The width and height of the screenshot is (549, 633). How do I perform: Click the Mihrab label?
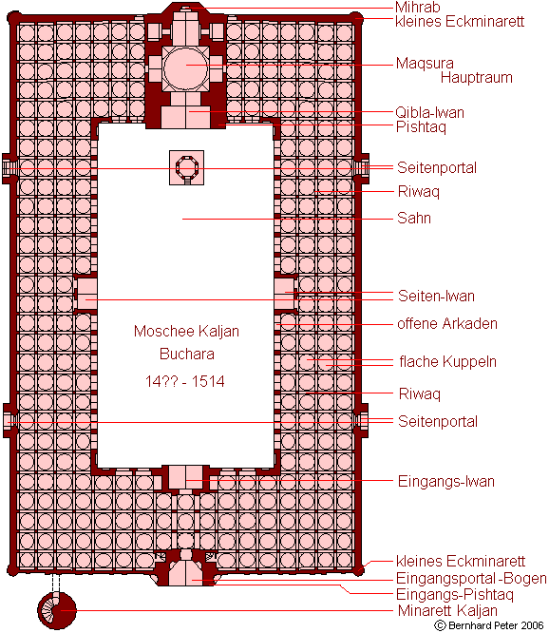pos(418,8)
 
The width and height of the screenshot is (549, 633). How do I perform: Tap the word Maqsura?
pos(425,64)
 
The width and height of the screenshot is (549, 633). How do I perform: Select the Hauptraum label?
pos(477,77)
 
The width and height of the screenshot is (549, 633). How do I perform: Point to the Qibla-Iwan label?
pos(429,112)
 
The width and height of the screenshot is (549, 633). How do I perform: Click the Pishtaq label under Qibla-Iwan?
pos(421,126)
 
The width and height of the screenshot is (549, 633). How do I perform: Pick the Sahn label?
pos(414,218)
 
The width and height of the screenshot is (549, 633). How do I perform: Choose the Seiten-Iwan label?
pos(436,296)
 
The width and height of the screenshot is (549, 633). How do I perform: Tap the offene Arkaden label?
pos(447,323)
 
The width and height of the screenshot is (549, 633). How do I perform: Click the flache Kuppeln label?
pos(447,361)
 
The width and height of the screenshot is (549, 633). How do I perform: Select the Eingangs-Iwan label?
pos(445,481)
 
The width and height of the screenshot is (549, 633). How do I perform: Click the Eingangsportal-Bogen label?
pos(471,578)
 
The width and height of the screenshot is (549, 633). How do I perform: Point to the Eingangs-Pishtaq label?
pos(455,594)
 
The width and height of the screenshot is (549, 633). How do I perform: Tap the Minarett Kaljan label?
pos(447,610)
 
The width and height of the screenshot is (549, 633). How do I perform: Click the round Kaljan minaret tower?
pos(57,610)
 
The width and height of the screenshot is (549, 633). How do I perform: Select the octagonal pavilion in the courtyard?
pos(186,167)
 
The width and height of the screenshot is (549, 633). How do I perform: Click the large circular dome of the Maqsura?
pos(186,67)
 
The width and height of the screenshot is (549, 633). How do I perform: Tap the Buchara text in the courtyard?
pos(187,355)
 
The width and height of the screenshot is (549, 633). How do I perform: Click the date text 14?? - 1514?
pos(184,381)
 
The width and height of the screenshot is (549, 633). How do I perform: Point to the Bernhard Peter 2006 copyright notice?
pos(489,625)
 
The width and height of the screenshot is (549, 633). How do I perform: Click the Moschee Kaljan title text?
pos(186,331)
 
